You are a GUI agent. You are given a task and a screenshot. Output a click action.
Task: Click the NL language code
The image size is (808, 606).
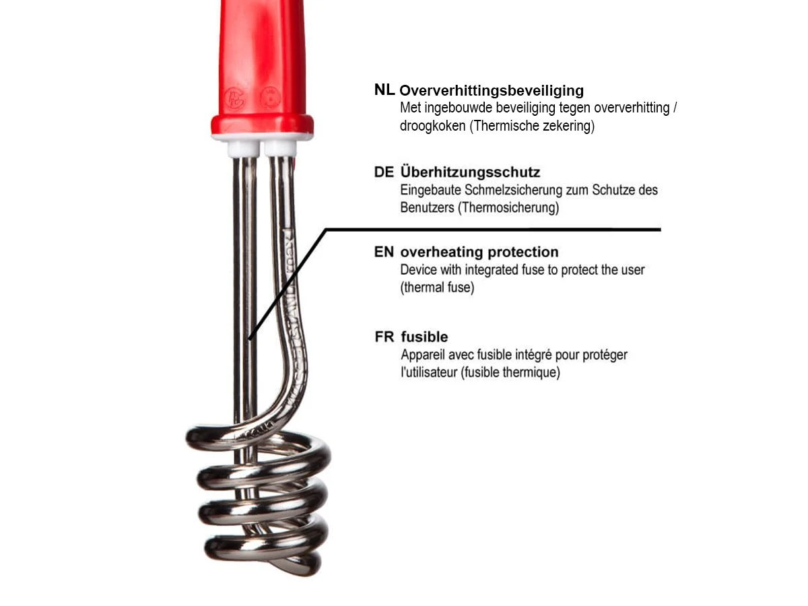coord(384,90)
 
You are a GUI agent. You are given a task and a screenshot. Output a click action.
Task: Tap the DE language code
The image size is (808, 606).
coord(384,172)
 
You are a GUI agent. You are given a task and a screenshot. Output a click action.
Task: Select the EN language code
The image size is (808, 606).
coord(384,252)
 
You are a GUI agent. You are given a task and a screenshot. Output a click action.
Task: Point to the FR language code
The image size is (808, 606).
coord(384,337)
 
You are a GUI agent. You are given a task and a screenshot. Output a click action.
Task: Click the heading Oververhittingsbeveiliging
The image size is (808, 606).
coord(492,91)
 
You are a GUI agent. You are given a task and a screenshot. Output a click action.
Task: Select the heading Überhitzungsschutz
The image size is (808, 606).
coord(470,172)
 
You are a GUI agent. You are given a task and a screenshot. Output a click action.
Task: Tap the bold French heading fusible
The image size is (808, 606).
coord(424,337)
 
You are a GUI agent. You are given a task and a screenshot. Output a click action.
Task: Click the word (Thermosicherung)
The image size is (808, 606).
coord(508,207)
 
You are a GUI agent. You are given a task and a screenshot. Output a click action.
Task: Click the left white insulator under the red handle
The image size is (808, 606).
coord(243,148)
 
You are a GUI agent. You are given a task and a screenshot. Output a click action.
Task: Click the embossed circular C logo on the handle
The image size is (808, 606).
coord(234,98)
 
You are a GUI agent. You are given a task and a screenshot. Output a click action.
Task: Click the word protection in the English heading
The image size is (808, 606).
coord(523,252)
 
